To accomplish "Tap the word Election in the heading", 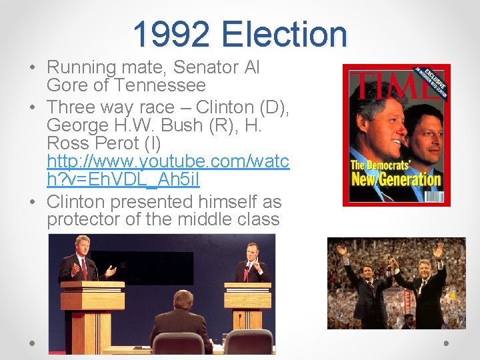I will coord(285,35).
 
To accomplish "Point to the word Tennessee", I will coord(160,85).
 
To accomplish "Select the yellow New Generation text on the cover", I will coord(396,179).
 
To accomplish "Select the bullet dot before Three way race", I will coord(31,107).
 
